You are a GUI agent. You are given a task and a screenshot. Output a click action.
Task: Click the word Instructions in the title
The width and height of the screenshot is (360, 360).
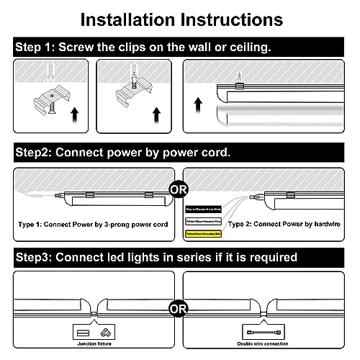[231, 17]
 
